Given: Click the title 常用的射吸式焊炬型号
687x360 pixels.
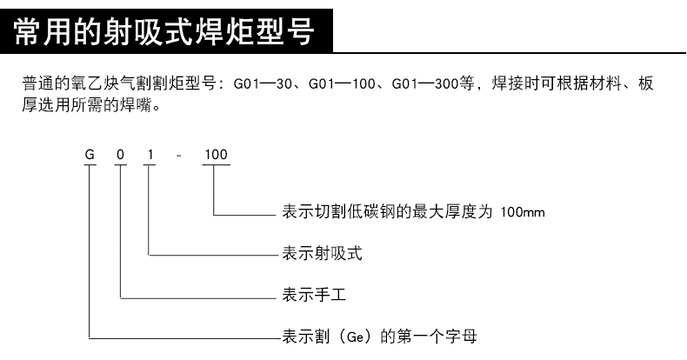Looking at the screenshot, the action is [163, 31].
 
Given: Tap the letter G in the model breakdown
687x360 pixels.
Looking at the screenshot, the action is [90, 155].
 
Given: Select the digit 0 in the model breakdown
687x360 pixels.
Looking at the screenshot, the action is [121, 155].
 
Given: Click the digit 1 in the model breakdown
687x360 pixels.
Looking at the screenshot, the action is [150, 155].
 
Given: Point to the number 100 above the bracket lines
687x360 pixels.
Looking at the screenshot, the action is [216, 155].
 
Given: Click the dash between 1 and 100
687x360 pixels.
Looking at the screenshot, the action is [178, 156].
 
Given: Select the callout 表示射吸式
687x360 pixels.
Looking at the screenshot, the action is [322, 253].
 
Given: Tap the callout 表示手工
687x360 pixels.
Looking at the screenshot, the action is [314, 294].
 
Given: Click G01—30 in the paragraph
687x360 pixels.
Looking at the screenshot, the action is [263, 83].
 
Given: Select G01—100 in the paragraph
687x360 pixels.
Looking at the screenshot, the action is [342, 83].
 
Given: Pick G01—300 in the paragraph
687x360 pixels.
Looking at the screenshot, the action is [425, 83].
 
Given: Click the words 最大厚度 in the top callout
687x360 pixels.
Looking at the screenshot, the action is [444, 212].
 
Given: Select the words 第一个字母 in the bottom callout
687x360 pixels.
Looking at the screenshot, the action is [437, 337].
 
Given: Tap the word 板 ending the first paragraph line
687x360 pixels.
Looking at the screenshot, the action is [646, 83].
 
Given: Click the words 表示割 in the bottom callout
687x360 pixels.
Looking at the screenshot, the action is [306, 337].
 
